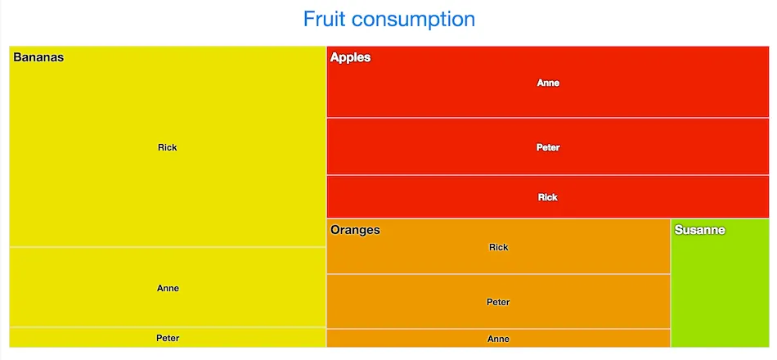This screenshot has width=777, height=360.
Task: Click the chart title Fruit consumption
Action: pos(388,19)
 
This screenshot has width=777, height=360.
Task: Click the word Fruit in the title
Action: pos(324,19)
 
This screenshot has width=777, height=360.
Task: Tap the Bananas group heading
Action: pos(38,57)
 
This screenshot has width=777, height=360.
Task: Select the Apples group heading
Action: pos(350,57)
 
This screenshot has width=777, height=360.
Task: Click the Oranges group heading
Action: pos(355,230)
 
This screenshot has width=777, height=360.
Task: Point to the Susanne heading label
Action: pos(699,230)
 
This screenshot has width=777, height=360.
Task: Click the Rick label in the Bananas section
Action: pos(168,147)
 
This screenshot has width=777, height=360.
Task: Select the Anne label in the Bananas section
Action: pos(168,288)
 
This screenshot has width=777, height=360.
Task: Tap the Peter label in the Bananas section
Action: pos(168,338)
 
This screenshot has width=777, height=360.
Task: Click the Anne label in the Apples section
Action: pos(548,83)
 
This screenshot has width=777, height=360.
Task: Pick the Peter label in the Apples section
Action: pos(548,147)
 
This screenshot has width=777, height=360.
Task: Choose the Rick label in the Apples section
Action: pos(548,197)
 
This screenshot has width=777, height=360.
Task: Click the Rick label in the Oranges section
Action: pos(498,247)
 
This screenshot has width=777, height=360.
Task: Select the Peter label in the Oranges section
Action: pos(498,302)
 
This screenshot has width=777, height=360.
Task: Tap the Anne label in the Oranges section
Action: pos(498,339)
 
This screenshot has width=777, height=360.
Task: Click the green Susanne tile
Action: pos(719,295)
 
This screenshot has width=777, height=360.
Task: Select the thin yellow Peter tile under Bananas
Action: pos(82,337)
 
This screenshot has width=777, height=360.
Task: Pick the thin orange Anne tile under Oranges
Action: pos(409,338)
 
